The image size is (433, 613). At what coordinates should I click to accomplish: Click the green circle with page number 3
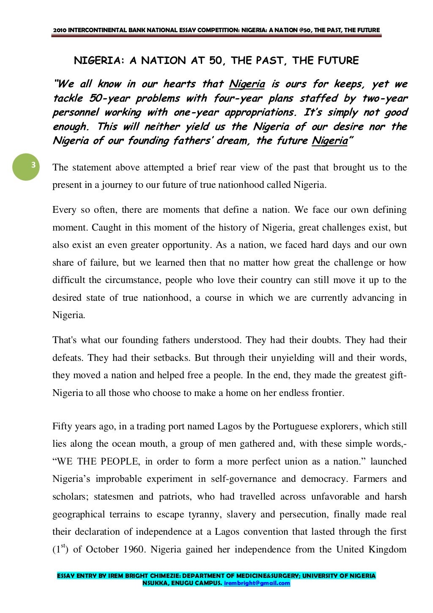[x=26, y=167]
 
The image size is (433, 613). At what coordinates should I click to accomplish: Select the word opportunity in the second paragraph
[x=189, y=245]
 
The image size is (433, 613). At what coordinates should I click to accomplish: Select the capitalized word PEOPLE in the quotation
[x=113, y=462]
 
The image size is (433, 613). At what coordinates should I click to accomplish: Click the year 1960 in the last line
[x=134, y=550]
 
